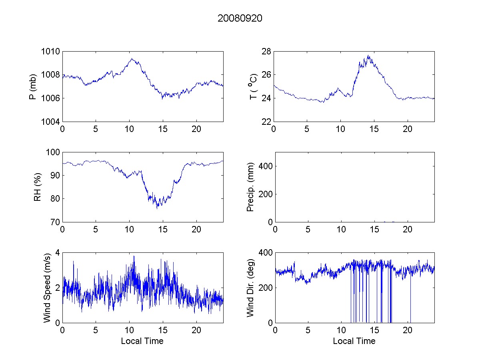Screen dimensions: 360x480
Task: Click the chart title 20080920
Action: [240, 19]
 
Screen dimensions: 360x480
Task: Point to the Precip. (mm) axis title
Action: [250, 187]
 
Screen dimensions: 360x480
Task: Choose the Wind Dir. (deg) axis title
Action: [250, 287]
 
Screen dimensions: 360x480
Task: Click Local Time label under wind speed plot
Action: [142, 341]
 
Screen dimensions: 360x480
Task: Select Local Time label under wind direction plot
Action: [354, 341]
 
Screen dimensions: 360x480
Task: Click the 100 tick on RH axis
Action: [53, 152]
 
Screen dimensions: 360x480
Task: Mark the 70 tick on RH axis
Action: [55, 222]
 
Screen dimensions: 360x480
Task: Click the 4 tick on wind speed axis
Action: [58, 253]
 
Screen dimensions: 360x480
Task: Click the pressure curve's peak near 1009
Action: [132, 59]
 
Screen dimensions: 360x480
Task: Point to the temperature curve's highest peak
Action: [368, 56]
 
